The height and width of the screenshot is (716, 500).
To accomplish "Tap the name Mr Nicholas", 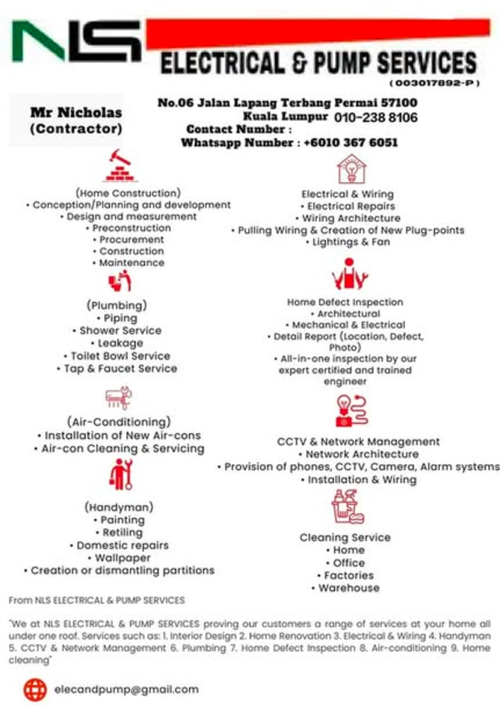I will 76,113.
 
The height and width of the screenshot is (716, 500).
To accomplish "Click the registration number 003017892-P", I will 433,84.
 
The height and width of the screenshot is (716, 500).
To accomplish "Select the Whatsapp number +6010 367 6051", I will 350,144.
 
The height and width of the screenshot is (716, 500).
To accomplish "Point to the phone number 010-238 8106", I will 376,118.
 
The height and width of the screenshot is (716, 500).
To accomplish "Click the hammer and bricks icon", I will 120,166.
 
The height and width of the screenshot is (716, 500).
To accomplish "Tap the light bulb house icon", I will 350,169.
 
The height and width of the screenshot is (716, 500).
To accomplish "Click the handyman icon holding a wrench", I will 121,475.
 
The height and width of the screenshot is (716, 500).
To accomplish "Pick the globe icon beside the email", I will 35,689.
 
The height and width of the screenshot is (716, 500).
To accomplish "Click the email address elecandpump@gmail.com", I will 126,689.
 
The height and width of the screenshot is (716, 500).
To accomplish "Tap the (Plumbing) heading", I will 117,305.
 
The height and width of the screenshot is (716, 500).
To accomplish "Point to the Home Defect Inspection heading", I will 345,302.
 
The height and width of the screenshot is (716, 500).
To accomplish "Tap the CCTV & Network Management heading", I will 358,441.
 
